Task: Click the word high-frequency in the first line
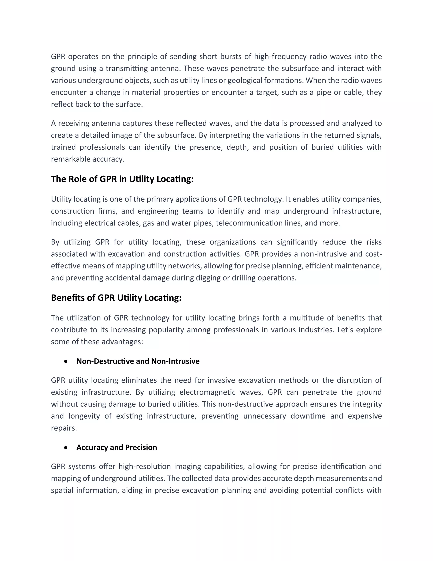point(280,57)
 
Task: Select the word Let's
point(345,330)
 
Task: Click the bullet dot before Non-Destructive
point(66,361)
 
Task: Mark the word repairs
point(64,428)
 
